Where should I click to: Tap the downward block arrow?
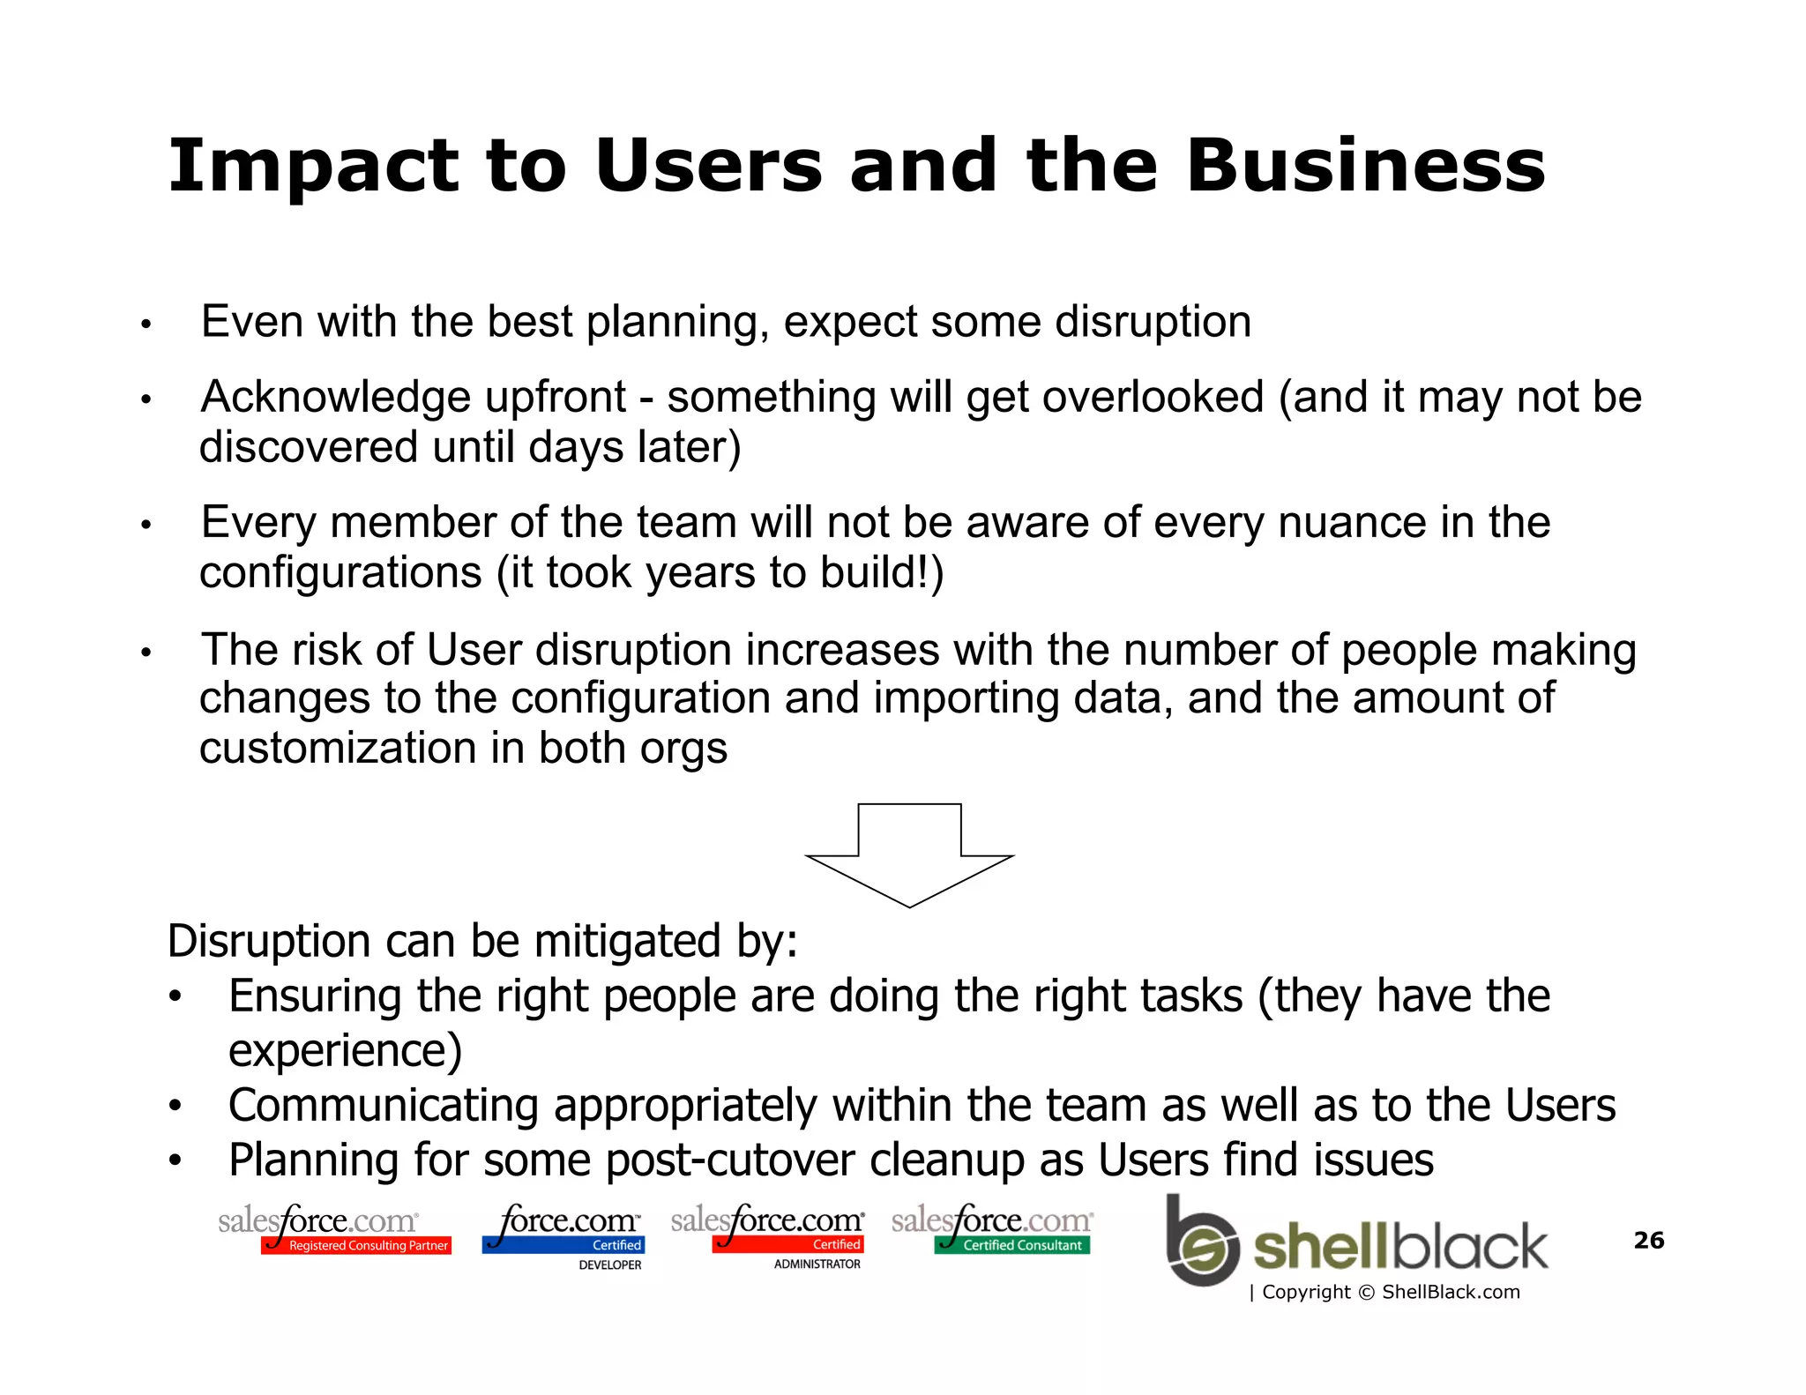point(909,854)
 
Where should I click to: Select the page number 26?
point(1648,1240)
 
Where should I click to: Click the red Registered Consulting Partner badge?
point(357,1245)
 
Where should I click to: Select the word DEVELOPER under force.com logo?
point(609,1264)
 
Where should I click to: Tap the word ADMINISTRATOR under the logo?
point(817,1264)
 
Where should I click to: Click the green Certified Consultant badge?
point(1012,1245)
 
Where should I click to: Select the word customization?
point(338,749)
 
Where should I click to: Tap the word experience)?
point(345,1050)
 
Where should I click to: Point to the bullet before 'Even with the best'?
point(146,325)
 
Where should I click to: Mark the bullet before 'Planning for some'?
point(175,1160)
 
